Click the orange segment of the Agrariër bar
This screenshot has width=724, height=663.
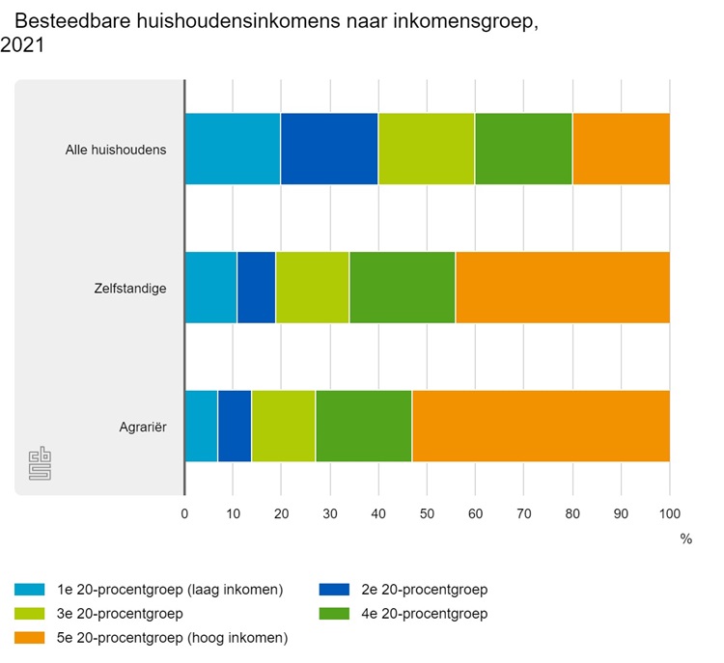point(541,426)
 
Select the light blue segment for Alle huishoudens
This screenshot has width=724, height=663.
point(232,149)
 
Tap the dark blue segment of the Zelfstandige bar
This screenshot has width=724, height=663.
point(256,288)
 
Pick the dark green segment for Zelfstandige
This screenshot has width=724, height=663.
point(402,288)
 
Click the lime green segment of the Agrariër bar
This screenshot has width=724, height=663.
point(283,426)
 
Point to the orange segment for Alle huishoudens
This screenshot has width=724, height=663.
point(621,149)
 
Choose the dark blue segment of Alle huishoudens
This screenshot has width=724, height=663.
point(329,149)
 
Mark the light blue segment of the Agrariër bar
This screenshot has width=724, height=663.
point(201,426)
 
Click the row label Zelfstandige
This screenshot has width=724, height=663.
point(130,288)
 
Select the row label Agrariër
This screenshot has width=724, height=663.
point(140,426)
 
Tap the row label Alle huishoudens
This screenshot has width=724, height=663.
point(116,150)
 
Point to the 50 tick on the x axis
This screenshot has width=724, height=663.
point(427,513)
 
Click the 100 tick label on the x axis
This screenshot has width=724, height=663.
point(669,513)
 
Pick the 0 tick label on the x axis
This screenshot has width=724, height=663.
point(184,513)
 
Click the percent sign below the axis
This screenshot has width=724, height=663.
point(685,539)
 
